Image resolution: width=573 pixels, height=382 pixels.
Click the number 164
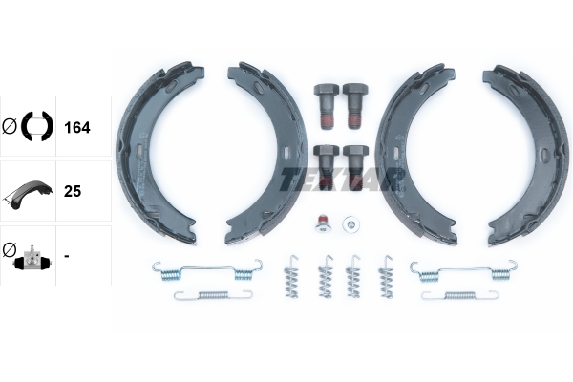click(x=76, y=126)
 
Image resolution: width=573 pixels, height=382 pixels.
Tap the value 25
click(x=72, y=191)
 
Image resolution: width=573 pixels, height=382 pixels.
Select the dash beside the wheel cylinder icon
click(x=66, y=256)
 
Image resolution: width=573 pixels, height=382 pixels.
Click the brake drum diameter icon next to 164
click(x=29, y=125)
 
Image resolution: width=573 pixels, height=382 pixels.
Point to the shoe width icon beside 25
click(x=28, y=191)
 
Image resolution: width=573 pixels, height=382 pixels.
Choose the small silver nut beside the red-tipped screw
click(x=351, y=224)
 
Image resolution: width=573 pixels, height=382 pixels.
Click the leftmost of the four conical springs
click(x=294, y=277)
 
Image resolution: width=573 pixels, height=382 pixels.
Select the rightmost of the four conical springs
click(x=386, y=276)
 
